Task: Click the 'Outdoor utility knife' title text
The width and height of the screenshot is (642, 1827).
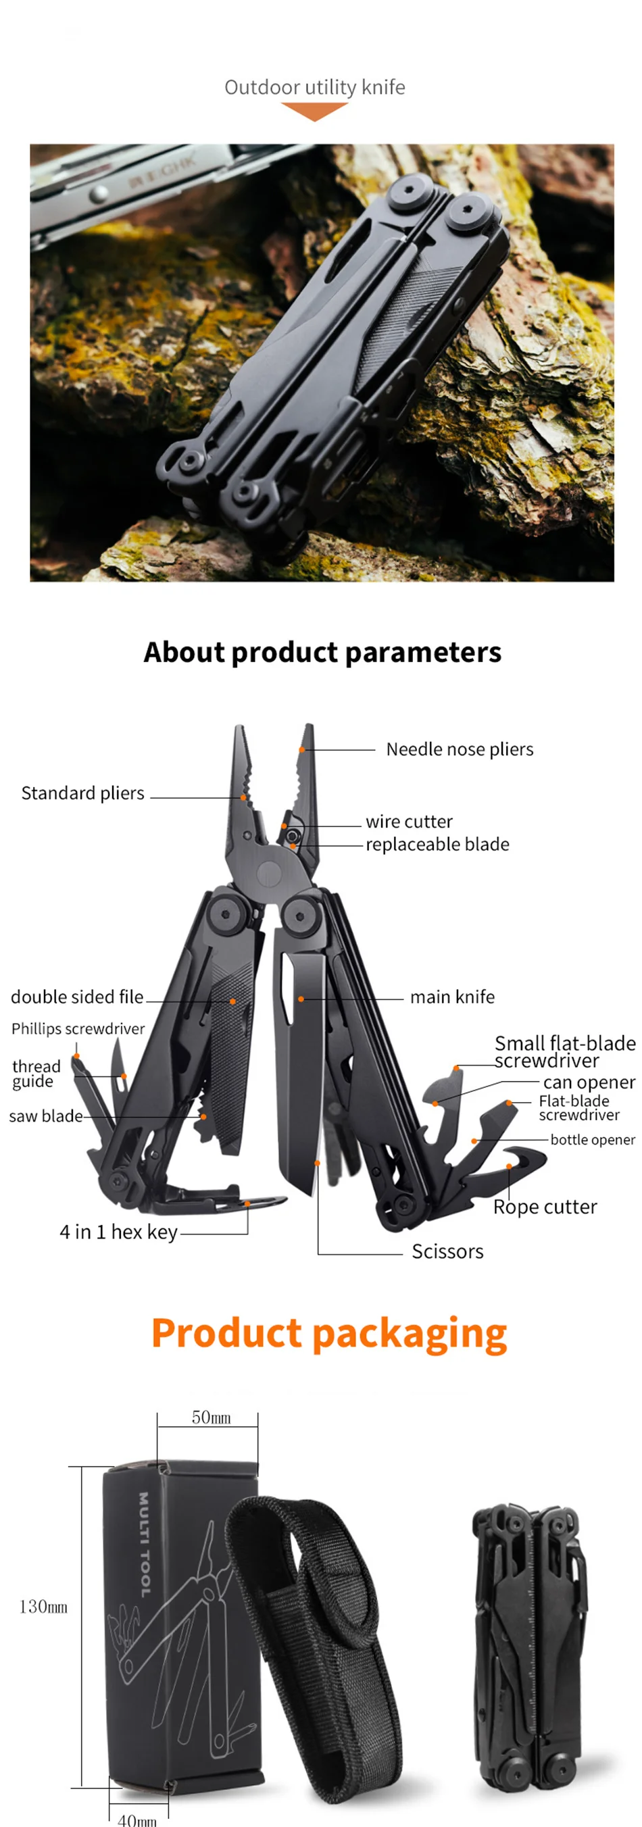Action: tap(314, 87)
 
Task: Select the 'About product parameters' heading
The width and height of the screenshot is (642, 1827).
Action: tap(322, 652)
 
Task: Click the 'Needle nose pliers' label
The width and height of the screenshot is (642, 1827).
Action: tap(459, 749)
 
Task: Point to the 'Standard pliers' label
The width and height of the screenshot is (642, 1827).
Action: tap(82, 793)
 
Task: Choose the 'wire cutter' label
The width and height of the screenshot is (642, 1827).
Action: tap(409, 822)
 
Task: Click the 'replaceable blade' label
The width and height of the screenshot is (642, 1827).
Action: tap(437, 844)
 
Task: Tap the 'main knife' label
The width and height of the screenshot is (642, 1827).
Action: tap(452, 997)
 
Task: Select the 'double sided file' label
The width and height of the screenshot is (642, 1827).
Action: tap(76, 997)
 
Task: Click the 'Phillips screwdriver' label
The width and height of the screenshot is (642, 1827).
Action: tap(77, 1028)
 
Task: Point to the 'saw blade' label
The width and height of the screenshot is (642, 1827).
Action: tap(45, 1116)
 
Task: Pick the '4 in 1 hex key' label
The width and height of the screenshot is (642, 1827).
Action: tap(118, 1232)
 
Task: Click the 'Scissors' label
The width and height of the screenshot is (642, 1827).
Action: tap(447, 1251)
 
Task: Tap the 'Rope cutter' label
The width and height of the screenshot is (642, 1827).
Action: tap(545, 1207)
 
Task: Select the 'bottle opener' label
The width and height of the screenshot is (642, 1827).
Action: tap(593, 1139)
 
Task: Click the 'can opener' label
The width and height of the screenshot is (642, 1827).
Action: tap(589, 1082)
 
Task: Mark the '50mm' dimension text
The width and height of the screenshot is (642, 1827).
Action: tap(211, 1418)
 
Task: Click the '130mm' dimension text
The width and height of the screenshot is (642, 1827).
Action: tap(43, 1607)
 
